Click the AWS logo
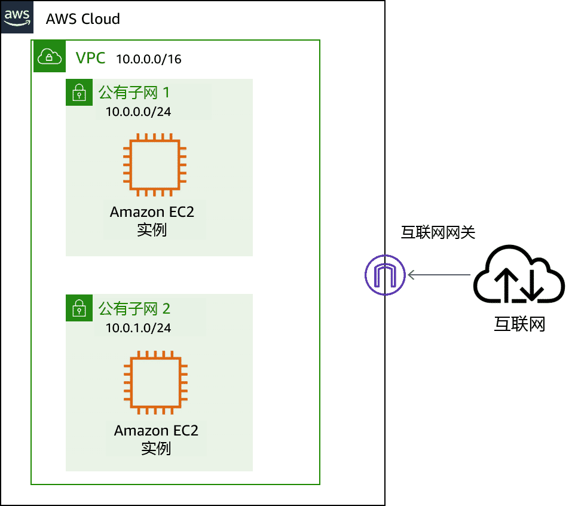pyautogui.click(x=17, y=17)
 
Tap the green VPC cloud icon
pyautogui.click(x=50, y=57)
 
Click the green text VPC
pyautogui.click(x=91, y=58)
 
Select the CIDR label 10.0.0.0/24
pyautogui.click(x=138, y=112)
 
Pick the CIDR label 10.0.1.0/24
pyautogui.click(x=138, y=328)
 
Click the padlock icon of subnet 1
pyautogui.click(x=79, y=93)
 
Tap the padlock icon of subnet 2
pyautogui.click(x=79, y=308)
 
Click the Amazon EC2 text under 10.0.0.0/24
pyautogui.click(x=152, y=212)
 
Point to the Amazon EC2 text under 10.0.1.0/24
pyautogui.click(x=156, y=430)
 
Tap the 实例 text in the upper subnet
pyautogui.click(x=152, y=230)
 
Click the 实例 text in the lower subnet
pyautogui.click(x=156, y=448)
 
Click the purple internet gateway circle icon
pyautogui.click(x=385, y=275)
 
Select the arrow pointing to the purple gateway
pyautogui.click(x=439, y=275)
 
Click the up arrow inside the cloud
pyautogui.click(x=504, y=282)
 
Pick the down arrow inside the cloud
pyautogui.click(x=534, y=282)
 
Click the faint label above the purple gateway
pyautogui.click(x=439, y=233)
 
